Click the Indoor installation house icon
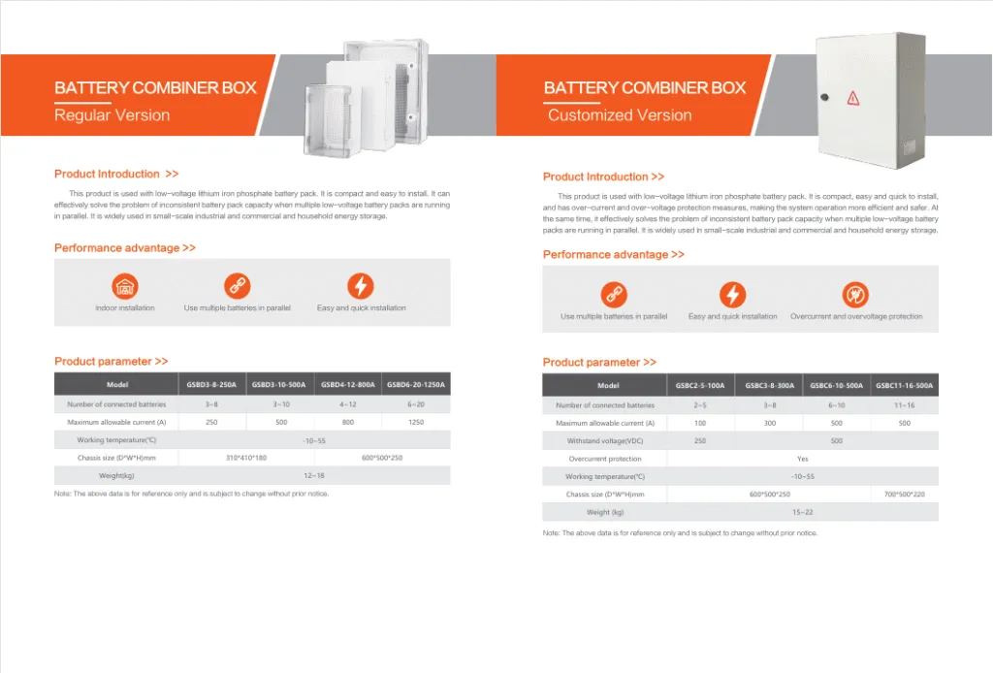[124, 286]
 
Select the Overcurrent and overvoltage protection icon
[855, 295]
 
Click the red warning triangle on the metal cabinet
[853, 97]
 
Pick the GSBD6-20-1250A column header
[416, 385]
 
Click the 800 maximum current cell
[348, 423]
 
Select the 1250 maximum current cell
[416, 423]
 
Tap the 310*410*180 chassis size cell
[245, 458]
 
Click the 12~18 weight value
[314, 476]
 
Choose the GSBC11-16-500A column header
[904, 386]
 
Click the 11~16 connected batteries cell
[904, 405]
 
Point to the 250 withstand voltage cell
[700, 441]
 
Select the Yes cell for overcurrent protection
[802, 459]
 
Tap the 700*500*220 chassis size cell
[904, 495]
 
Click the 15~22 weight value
[802, 512]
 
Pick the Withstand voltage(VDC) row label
[605, 441]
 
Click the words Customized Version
[620, 115]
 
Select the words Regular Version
[112, 115]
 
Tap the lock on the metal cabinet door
[822, 98]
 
